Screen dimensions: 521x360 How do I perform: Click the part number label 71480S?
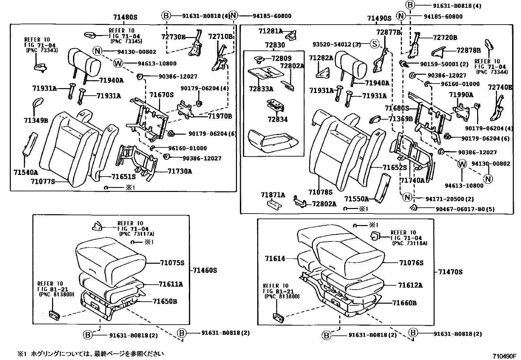click(125, 17)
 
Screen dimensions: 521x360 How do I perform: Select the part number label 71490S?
click(379, 18)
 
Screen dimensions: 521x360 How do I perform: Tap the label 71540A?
click(26, 172)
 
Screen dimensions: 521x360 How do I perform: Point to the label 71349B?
click(36, 121)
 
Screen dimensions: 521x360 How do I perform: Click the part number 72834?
click(278, 120)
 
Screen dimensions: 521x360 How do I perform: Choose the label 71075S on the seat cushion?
click(172, 263)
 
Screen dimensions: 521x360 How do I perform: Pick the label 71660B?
click(404, 303)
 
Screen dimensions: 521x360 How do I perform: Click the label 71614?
click(275, 258)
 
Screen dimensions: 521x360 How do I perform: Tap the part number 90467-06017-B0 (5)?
click(465, 209)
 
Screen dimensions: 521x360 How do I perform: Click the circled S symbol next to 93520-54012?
click(374, 44)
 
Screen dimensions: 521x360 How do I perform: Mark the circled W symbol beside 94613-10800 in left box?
click(118, 63)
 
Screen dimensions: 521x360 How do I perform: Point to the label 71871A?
click(273, 195)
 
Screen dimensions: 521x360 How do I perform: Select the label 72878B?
click(468, 50)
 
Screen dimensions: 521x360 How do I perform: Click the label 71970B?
click(220, 116)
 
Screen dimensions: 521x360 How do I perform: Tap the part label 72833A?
click(261, 89)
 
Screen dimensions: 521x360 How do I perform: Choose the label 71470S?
click(450, 272)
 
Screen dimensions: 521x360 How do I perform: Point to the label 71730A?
click(180, 171)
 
